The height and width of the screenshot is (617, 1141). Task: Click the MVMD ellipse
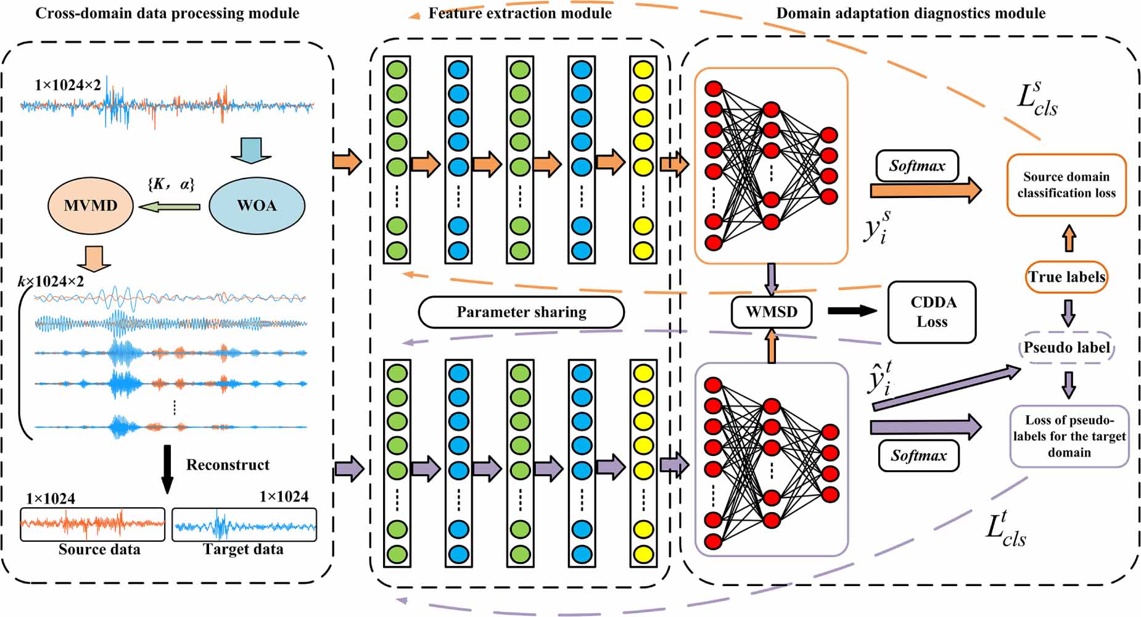91,206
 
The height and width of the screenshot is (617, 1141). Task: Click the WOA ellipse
257,206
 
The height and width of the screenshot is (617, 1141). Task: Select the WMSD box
771,312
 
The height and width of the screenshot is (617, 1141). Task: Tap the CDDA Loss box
931,312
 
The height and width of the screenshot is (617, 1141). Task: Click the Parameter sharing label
521,312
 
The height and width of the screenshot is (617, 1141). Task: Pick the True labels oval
1066,277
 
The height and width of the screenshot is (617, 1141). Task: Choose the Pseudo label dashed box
1066,348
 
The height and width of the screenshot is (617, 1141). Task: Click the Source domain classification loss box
1066,185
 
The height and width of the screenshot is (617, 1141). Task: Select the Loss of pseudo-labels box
1069,436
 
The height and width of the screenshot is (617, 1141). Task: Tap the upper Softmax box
917,166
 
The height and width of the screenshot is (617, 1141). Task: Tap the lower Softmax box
918,456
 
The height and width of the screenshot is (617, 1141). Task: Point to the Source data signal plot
93,524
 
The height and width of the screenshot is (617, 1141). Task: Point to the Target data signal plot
244,524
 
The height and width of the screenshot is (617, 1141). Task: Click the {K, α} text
171,184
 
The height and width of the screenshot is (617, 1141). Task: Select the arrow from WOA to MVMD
170,207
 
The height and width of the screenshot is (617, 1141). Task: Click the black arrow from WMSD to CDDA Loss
852,311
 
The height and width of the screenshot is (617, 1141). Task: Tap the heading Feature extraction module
520,13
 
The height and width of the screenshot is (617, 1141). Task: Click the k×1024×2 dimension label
51,282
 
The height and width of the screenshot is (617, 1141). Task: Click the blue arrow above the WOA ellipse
251,150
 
